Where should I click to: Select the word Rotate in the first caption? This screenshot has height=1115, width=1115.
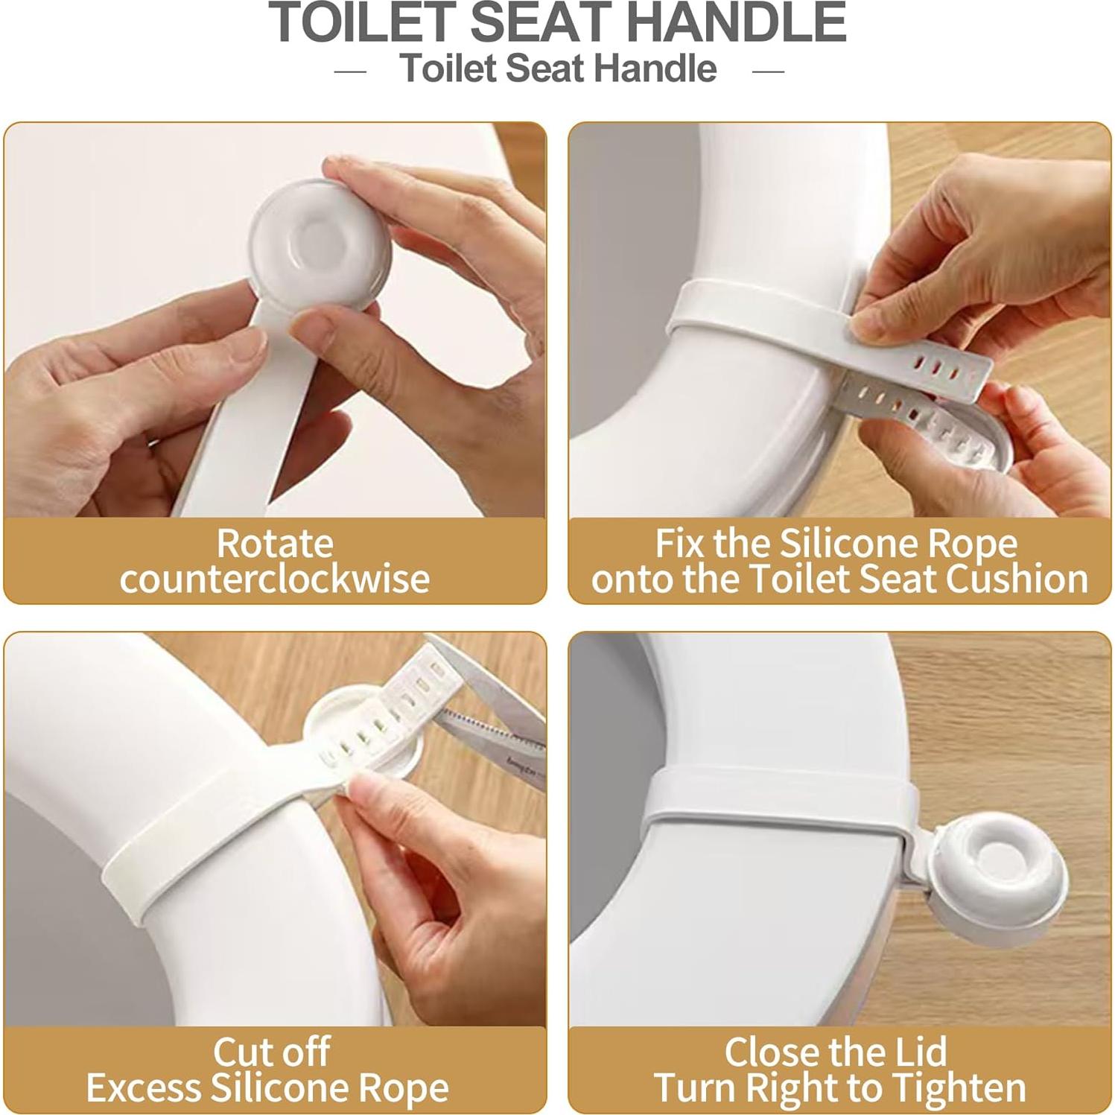pos(275,543)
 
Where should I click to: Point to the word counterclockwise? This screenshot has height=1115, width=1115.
pos(275,579)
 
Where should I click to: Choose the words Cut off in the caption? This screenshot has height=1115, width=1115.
pos(272,1052)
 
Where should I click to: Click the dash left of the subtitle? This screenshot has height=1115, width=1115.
pos(350,72)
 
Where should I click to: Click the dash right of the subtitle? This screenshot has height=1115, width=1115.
pos(768,72)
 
